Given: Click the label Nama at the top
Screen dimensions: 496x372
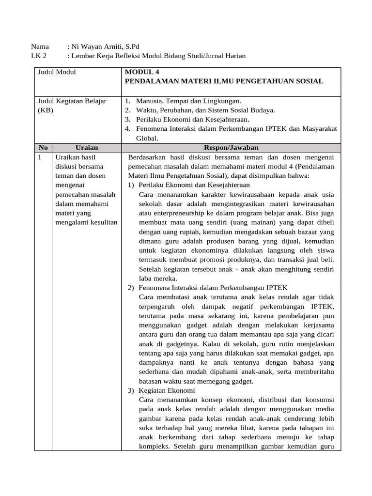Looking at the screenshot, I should (40, 47).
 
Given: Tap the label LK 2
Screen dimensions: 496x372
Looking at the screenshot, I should (38, 56).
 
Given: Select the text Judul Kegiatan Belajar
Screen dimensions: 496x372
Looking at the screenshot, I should (72, 101).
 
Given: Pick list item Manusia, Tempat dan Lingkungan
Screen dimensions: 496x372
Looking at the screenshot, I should (188, 101).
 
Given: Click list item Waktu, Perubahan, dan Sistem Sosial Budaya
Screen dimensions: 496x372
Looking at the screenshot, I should (205, 110).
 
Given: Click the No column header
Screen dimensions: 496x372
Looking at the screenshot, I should (43, 147).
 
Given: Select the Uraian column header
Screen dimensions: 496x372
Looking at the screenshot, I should (87, 147).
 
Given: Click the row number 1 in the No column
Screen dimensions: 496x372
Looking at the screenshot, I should (40, 157).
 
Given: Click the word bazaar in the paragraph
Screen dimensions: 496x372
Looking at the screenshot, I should (310, 232).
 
